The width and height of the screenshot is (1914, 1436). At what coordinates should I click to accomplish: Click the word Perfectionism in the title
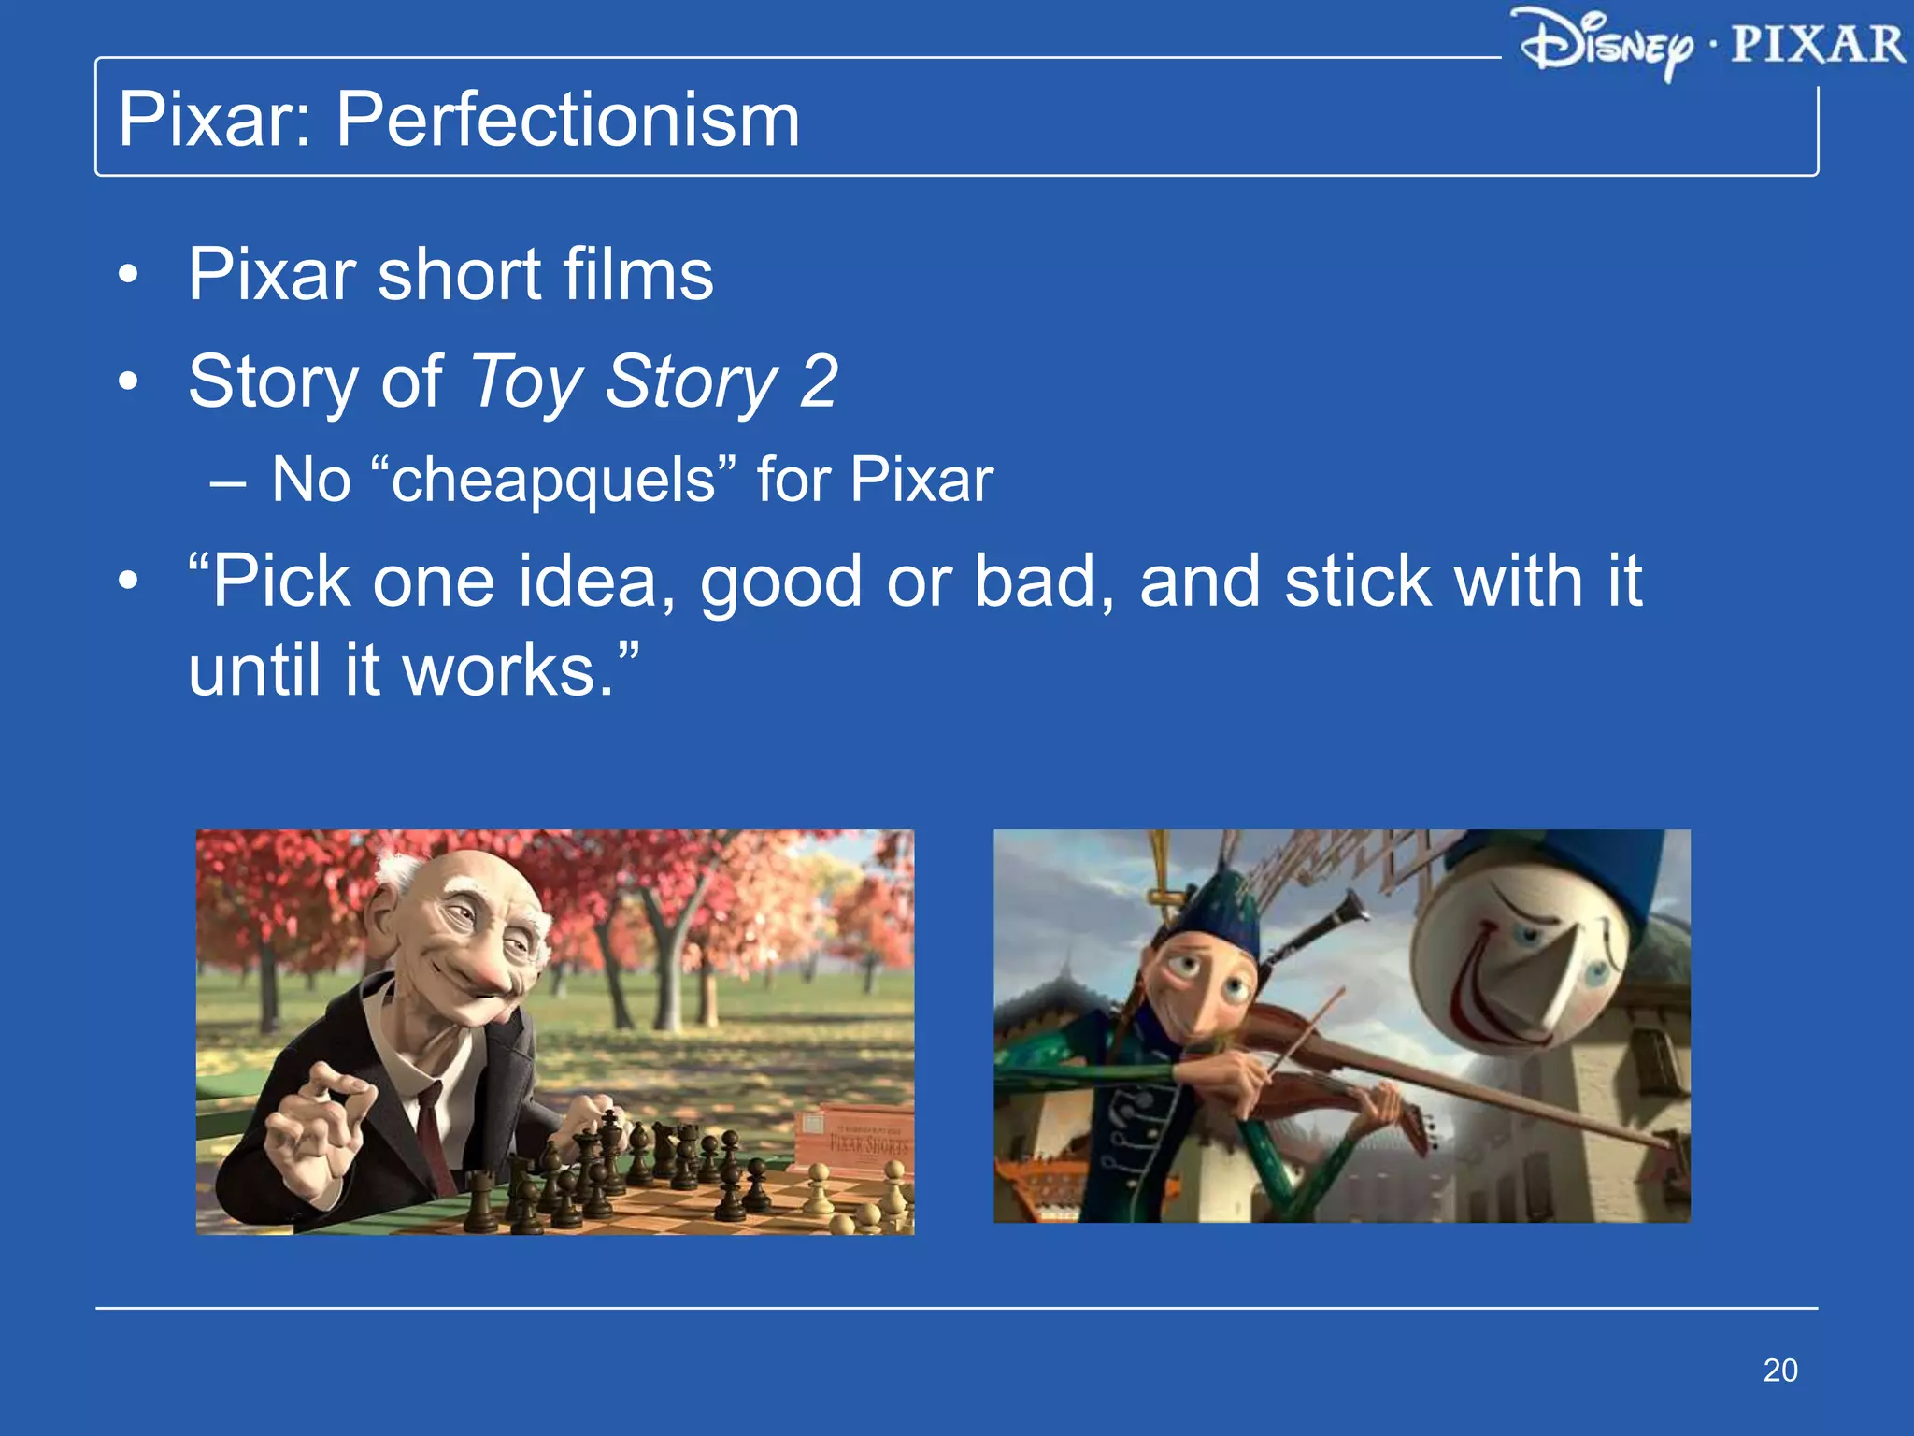pos(567,120)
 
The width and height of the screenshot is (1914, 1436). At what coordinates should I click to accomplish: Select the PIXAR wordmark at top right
pos(1817,44)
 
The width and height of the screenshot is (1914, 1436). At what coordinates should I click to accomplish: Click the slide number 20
pos(1779,1370)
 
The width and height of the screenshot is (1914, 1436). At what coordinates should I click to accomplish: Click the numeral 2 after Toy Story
pos(819,381)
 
